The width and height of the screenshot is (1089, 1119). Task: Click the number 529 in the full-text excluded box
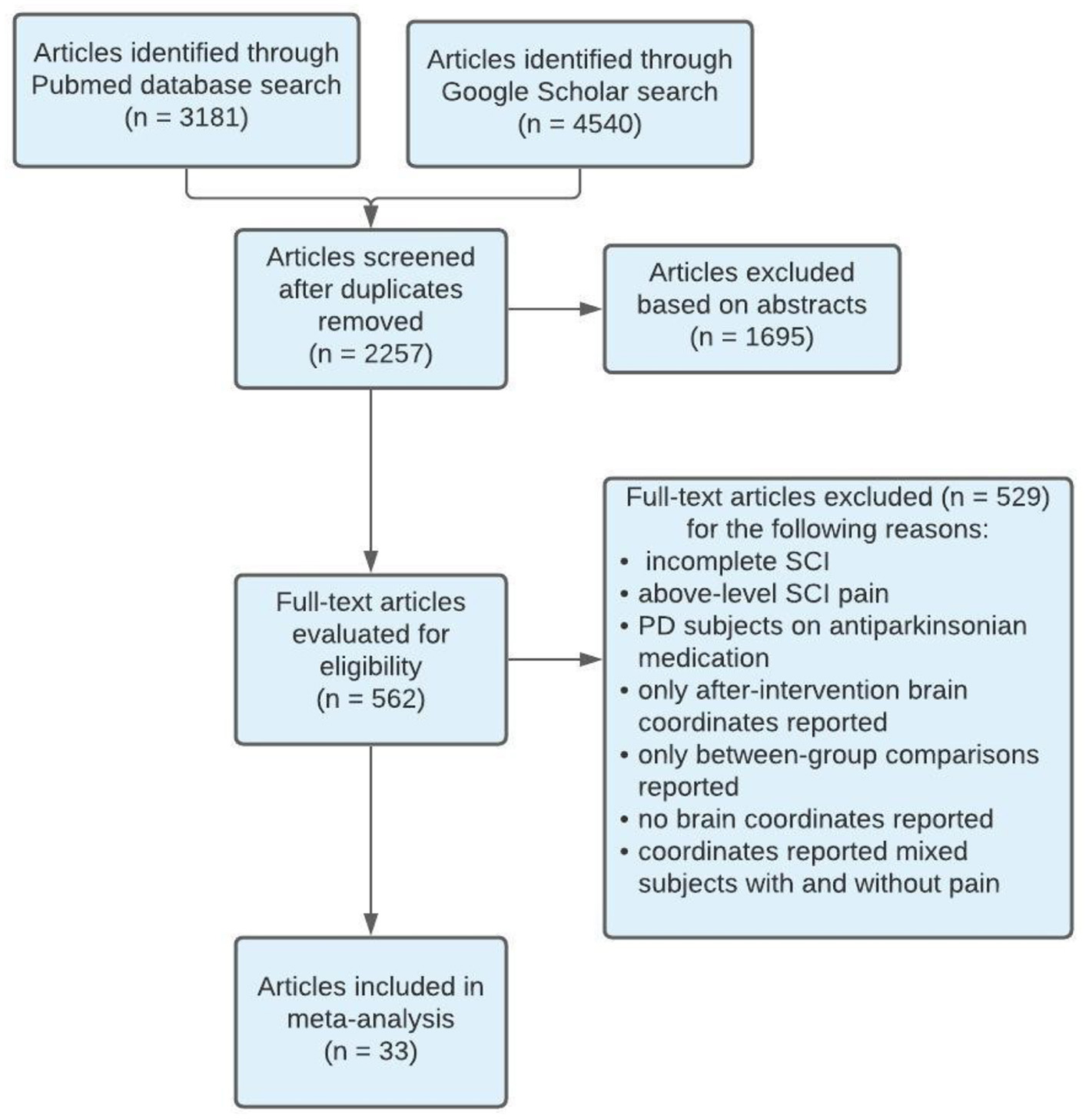[1016, 496]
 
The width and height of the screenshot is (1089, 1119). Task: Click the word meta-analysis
[370, 1018]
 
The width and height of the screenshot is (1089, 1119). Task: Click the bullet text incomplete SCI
[736, 561]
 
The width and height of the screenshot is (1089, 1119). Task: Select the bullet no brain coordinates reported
[815, 818]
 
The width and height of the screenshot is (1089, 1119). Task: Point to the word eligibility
[370, 666]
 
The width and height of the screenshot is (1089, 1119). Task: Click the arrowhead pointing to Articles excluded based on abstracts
[591, 309]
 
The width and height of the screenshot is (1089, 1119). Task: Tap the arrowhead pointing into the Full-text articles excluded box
[591, 659]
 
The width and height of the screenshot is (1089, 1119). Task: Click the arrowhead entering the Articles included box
[371, 924]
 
